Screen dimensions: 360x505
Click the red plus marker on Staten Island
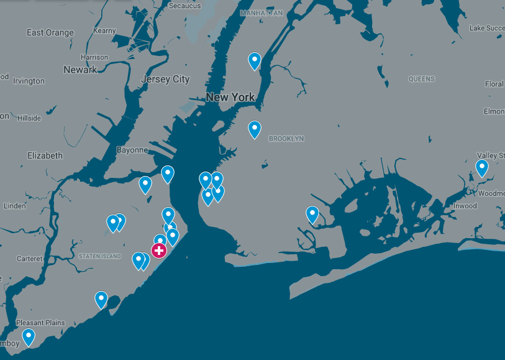[x=159, y=251]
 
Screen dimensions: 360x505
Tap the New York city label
[x=230, y=97]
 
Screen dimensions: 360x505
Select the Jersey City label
[x=165, y=79]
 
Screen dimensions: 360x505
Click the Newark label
[x=80, y=70]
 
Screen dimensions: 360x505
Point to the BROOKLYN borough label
[x=286, y=139]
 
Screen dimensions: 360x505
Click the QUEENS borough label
[x=422, y=79]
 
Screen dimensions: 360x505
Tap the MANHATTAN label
[x=262, y=13]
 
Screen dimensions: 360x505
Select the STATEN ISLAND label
[x=100, y=256]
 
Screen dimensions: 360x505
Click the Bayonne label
[x=132, y=150]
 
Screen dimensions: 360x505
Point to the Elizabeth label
[x=45, y=155]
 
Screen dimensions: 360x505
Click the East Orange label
[x=50, y=32]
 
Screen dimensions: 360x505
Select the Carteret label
[x=30, y=259]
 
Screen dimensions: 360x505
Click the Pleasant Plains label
[x=40, y=323]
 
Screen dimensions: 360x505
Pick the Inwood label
[x=465, y=206]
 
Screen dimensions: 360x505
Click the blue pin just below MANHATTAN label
[x=254, y=60]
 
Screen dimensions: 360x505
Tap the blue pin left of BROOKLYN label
[x=254, y=129]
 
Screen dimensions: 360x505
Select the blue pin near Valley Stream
[x=481, y=167]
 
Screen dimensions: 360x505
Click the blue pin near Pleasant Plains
[x=29, y=337]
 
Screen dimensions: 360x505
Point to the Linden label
[x=15, y=206]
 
